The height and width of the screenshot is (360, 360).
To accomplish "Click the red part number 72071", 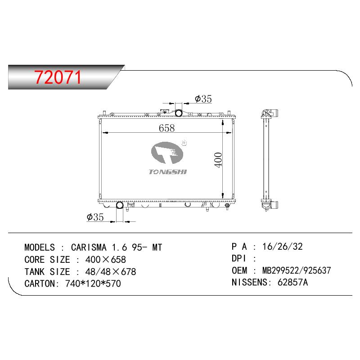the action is [x=58, y=77].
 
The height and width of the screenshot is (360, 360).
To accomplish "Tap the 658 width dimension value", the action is [x=166, y=128].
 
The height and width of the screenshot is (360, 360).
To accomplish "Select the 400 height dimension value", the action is [x=218, y=160].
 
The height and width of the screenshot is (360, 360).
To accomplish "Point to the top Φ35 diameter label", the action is [x=203, y=99].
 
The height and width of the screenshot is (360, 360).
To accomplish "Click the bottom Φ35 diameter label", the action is [x=95, y=217].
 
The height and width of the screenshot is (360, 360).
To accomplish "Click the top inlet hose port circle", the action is [x=179, y=113].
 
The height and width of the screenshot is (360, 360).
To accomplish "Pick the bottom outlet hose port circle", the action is [x=120, y=205].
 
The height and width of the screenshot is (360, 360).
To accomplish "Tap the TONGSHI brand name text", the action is [x=168, y=172].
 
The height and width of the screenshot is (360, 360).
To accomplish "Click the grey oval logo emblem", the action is [x=167, y=153].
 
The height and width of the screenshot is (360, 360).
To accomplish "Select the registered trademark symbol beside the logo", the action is [x=184, y=143].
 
